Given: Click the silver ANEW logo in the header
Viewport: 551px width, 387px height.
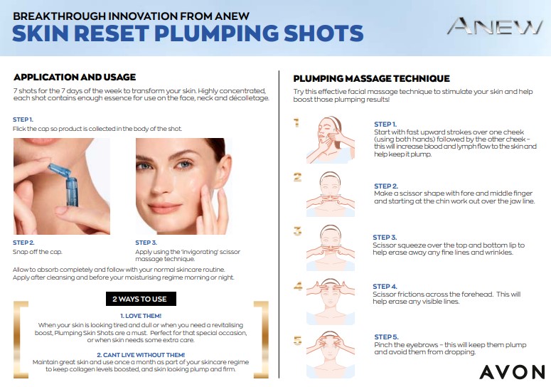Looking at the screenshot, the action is pyautogui.click(x=495, y=26).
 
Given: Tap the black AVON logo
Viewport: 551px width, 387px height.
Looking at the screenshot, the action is pyautogui.click(x=512, y=372).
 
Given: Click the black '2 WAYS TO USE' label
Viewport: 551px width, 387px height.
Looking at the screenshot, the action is pyautogui.click(x=141, y=299).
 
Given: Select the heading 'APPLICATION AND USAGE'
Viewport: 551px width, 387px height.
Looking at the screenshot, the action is pyautogui.click(x=75, y=77).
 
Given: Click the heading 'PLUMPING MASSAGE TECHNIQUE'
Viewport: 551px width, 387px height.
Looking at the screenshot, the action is pyautogui.click(x=371, y=78).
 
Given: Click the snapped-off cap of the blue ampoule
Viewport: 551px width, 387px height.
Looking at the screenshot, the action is pyautogui.click(x=59, y=169).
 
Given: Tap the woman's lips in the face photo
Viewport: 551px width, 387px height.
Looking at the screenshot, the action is pyautogui.click(x=164, y=208).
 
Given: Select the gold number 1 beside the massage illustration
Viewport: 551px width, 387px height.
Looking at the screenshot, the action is pyautogui.click(x=296, y=122).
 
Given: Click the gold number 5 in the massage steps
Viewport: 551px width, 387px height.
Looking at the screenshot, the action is pyautogui.click(x=298, y=340).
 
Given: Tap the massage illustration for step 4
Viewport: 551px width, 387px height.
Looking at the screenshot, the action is pyautogui.click(x=331, y=302).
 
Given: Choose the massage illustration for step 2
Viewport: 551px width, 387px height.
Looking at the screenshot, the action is pyautogui.click(x=331, y=194).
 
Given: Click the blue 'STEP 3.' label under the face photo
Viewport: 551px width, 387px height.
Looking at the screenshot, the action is pyautogui.click(x=146, y=243).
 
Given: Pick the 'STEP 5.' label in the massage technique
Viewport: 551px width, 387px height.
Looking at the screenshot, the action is pyautogui.click(x=386, y=336).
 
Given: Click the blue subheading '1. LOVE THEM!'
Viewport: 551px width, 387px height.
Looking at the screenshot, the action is pyautogui.click(x=141, y=316).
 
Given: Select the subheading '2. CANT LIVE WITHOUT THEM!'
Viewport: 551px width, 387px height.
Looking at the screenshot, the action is pyautogui.click(x=141, y=355).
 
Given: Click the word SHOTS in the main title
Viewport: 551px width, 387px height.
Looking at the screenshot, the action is pyautogui.click(x=323, y=33).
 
